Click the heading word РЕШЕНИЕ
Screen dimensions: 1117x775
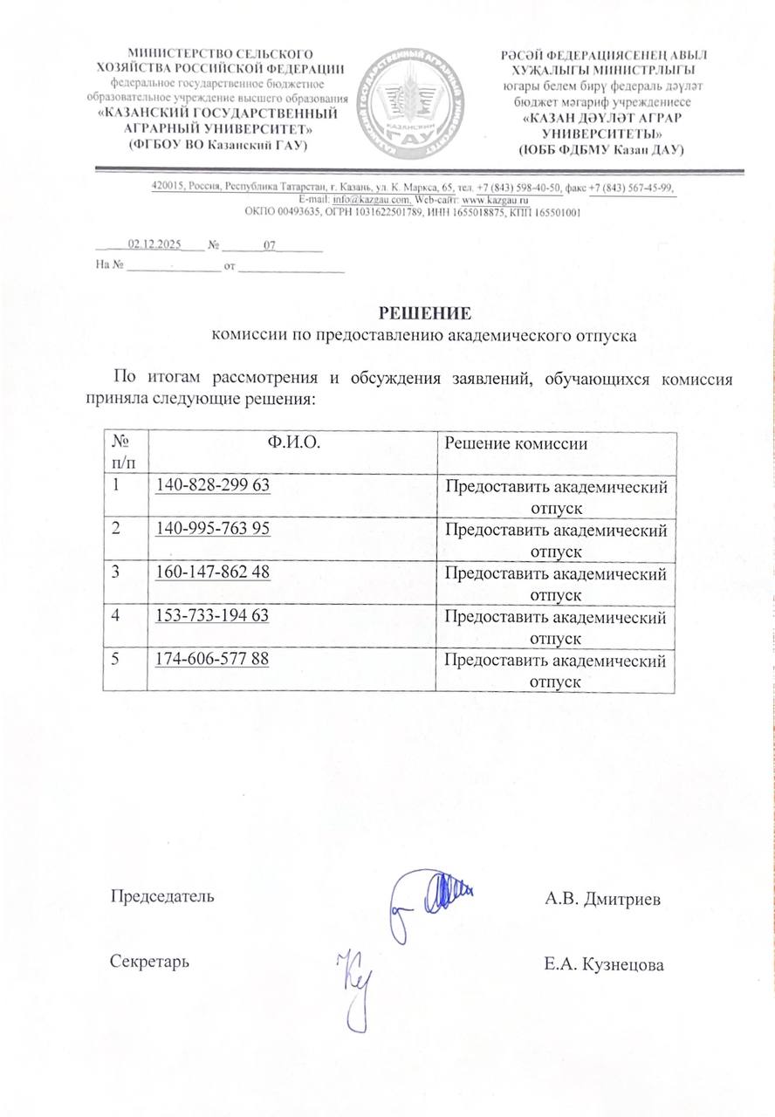point(425,312)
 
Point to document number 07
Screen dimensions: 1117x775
point(270,246)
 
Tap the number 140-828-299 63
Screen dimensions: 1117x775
point(211,485)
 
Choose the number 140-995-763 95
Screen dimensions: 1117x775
point(212,529)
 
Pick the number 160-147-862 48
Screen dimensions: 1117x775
point(212,572)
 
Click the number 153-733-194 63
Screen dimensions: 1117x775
point(211,616)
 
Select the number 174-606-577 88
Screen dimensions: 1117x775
point(211,659)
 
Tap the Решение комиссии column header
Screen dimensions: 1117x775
point(516,443)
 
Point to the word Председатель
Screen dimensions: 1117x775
point(161,896)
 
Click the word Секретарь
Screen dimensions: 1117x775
point(149,962)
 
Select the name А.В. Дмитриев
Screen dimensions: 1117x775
point(602,899)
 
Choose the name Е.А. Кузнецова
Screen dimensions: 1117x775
point(603,964)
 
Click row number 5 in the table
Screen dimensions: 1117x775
point(115,660)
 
